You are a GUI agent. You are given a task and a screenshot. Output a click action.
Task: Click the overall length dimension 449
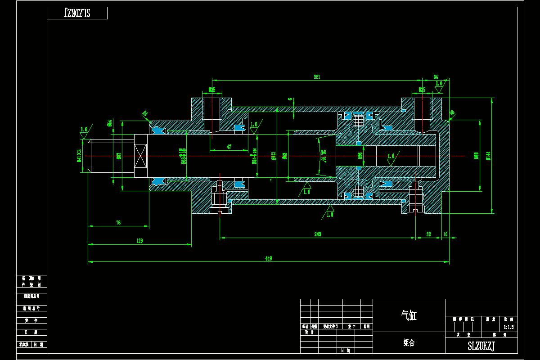coord(269,258)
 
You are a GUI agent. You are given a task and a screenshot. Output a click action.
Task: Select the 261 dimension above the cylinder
coord(317,77)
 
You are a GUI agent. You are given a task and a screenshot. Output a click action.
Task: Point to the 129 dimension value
coord(139,241)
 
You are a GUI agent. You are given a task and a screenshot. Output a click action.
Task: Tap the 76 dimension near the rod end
coord(118,222)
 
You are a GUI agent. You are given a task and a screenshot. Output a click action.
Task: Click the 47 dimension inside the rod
coord(229,147)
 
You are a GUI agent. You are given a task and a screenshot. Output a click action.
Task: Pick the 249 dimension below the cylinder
coord(318,234)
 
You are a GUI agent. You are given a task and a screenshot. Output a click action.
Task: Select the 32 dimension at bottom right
coord(428,234)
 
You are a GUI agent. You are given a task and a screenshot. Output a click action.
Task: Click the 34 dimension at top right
coord(436,76)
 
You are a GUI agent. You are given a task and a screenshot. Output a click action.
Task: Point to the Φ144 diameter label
coord(488,156)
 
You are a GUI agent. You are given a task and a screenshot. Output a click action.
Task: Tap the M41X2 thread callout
coord(79,155)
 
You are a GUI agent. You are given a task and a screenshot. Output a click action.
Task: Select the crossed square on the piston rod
coord(140,156)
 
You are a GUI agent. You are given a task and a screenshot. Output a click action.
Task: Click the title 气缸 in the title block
coord(409,316)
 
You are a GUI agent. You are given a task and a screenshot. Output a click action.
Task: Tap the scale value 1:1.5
coord(508,327)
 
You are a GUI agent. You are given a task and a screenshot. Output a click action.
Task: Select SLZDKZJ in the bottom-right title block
coord(481,346)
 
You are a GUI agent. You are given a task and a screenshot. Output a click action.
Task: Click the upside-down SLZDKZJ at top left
coord(77,13)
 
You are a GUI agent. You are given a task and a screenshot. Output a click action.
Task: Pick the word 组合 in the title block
coord(409,343)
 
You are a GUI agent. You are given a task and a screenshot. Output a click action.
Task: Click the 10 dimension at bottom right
coord(445,234)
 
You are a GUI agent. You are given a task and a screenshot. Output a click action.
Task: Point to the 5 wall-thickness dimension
coord(290,99)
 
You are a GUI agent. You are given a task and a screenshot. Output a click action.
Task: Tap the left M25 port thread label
coord(212,90)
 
